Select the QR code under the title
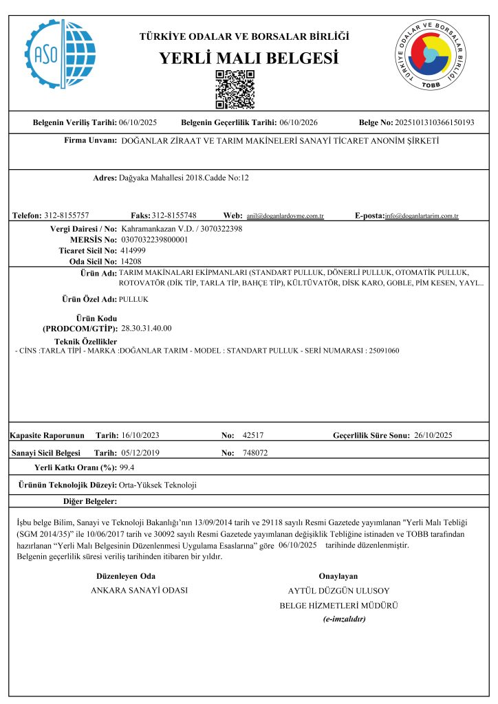(235, 89)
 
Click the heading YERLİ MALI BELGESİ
(248, 58)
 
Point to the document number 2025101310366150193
(434, 122)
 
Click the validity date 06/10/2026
(298, 122)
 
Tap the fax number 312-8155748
(174, 215)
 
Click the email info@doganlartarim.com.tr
(422, 216)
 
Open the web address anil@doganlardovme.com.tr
(285, 216)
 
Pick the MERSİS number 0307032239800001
(154, 239)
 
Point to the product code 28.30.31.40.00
(147, 328)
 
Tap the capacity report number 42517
(254, 435)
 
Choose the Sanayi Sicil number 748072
(255, 453)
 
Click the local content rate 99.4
(127, 467)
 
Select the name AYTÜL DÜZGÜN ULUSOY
(338, 591)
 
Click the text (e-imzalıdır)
(344, 619)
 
